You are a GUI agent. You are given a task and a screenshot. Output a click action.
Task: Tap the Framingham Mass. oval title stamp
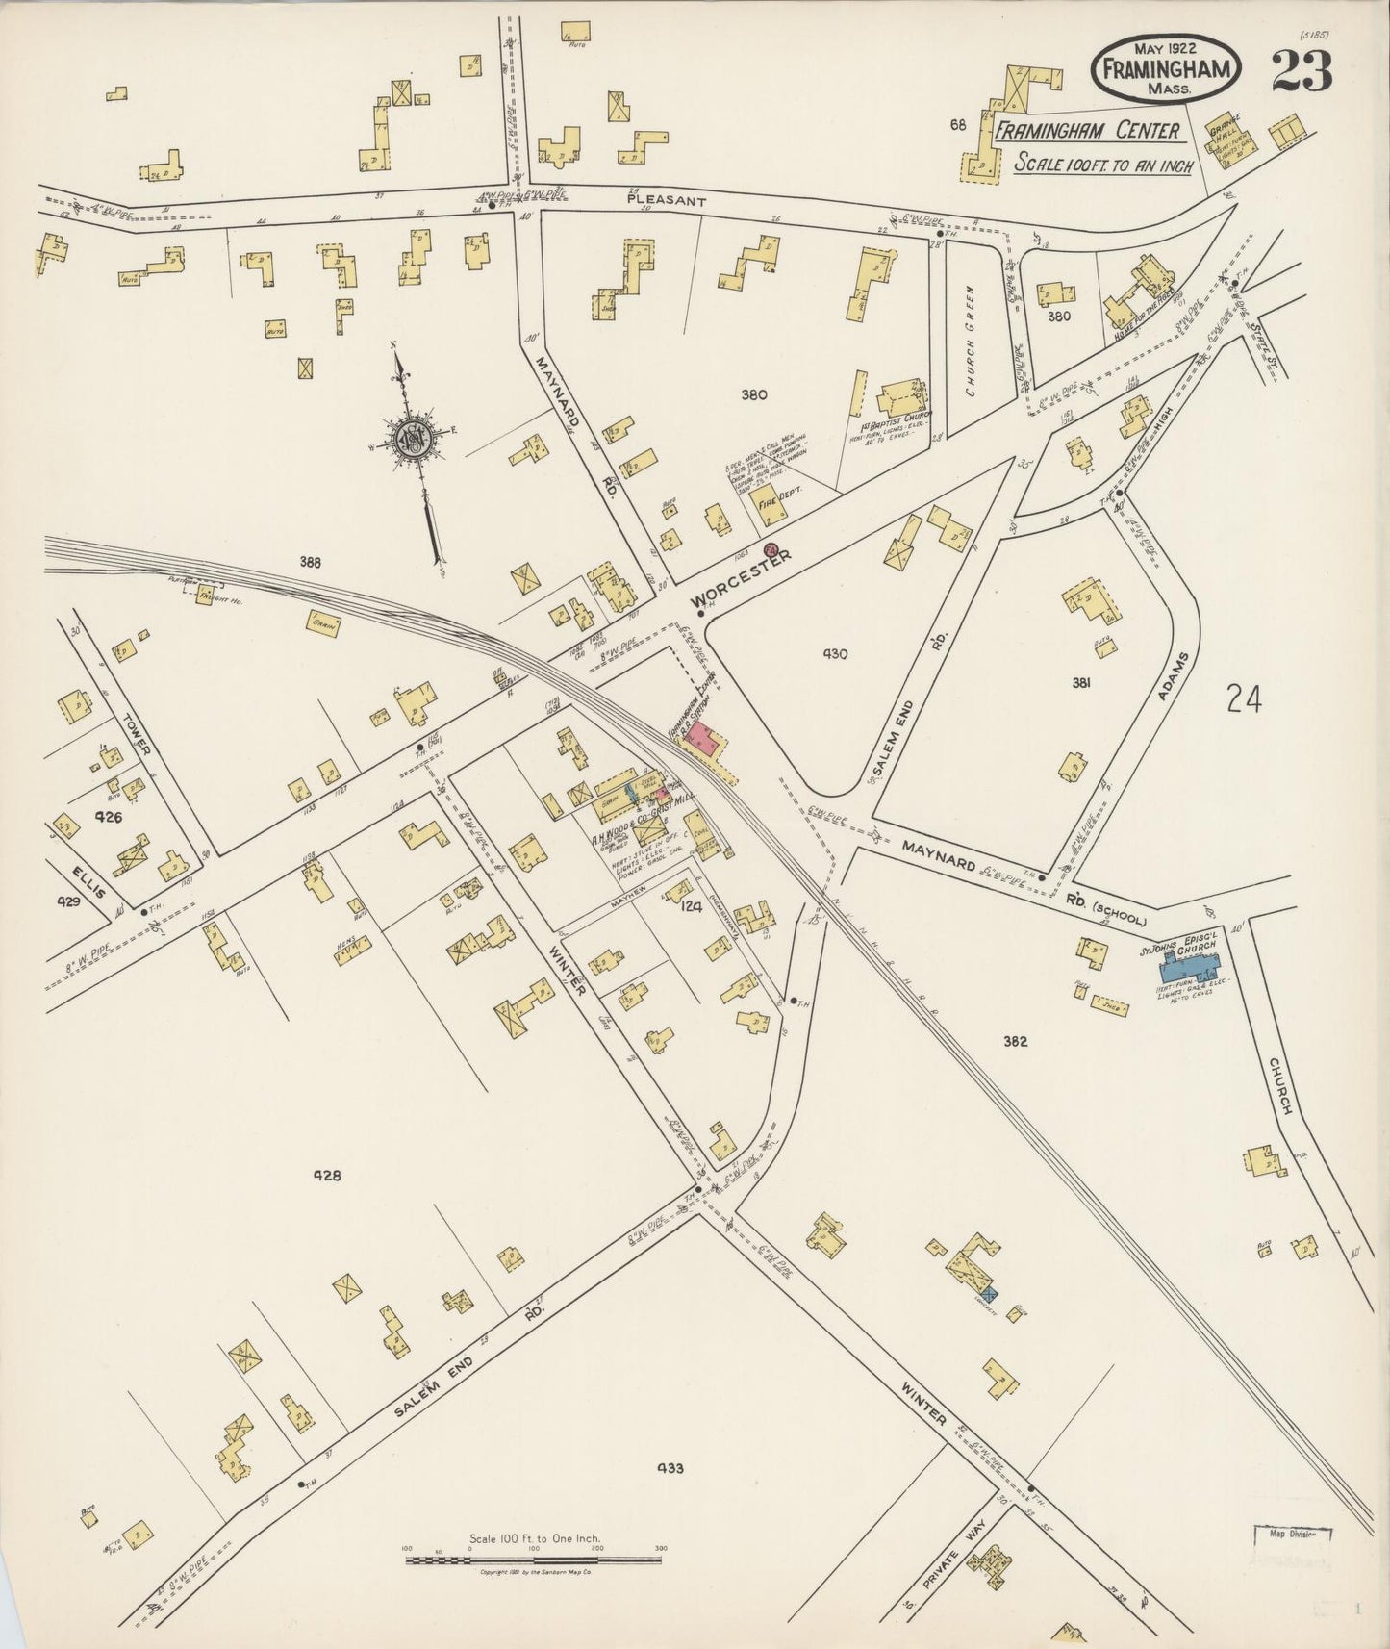pyautogui.click(x=1165, y=70)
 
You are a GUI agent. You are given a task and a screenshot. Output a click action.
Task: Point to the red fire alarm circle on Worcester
pyautogui.click(x=771, y=549)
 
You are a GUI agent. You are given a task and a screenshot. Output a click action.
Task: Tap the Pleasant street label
pyautogui.click(x=667, y=201)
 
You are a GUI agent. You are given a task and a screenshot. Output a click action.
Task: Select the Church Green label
pyautogui.click(x=972, y=341)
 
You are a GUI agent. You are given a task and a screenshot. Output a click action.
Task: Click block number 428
pyautogui.click(x=327, y=1175)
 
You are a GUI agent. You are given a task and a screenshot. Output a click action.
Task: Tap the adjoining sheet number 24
pyautogui.click(x=1244, y=698)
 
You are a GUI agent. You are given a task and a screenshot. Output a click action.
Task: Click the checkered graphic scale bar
pyautogui.click(x=533, y=1560)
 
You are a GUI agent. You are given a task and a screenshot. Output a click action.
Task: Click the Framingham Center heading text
pyautogui.click(x=1086, y=130)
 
